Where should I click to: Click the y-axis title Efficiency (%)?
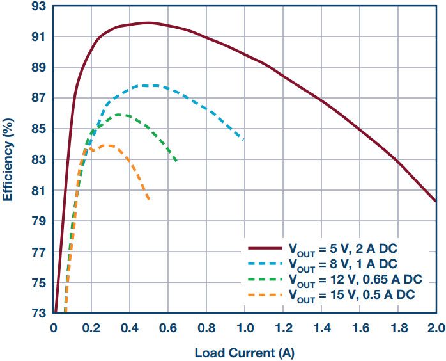pyautogui.click(x=8, y=160)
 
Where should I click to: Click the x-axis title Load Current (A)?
pyautogui.click(x=244, y=351)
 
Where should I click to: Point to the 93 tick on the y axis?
pyautogui.click(x=39, y=6)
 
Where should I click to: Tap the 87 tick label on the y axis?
pyautogui.click(x=39, y=99)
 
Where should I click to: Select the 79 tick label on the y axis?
pyautogui.click(x=39, y=221)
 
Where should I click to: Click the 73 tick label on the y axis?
pyautogui.click(x=39, y=314)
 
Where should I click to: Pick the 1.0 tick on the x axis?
pyautogui.click(x=245, y=328)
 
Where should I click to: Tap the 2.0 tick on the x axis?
pyautogui.click(x=436, y=328)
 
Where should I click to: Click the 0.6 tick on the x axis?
pyautogui.click(x=168, y=328)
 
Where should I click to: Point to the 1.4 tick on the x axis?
pyautogui.click(x=321, y=328)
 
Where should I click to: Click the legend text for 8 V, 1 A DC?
pyautogui.click(x=342, y=264)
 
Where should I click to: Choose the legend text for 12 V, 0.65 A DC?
pyautogui.click(x=355, y=279)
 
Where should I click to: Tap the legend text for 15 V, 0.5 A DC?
pyautogui.click(x=351, y=294)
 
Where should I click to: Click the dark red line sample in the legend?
pyautogui.click(x=265, y=247)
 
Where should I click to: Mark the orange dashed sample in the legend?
pyautogui.click(x=265, y=294)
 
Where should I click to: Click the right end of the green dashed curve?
pyautogui.click(x=177, y=161)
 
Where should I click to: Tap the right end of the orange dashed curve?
pyautogui.click(x=150, y=200)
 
